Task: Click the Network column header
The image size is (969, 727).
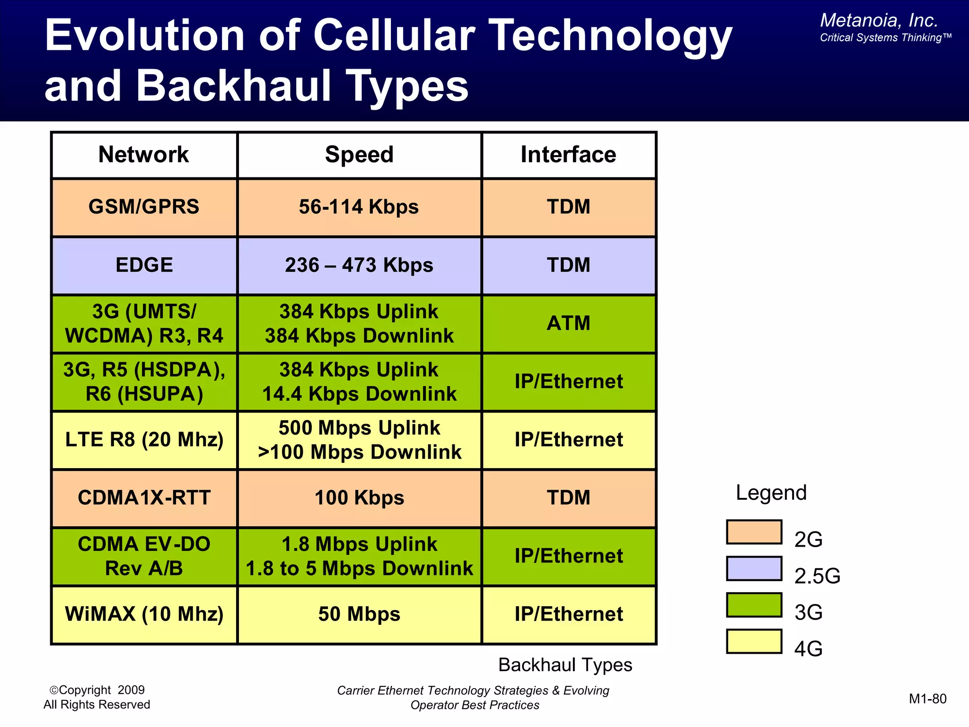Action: click(143, 155)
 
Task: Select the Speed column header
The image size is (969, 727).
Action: click(359, 155)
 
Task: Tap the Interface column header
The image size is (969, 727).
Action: click(568, 155)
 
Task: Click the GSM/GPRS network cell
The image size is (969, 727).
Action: click(144, 207)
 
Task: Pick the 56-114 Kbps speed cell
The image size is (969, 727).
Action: click(359, 207)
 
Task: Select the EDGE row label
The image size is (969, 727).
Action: click(144, 265)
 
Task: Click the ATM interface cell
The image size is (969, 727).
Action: click(568, 323)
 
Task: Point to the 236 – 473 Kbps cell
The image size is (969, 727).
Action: click(359, 265)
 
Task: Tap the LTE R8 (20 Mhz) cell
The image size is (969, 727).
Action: click(144, 440)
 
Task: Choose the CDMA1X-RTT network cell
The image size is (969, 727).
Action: click(144, 498)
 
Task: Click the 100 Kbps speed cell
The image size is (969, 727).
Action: click(359, 498)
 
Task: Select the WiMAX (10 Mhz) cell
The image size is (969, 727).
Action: click(144, 614)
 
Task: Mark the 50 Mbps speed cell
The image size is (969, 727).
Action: click(359, 614)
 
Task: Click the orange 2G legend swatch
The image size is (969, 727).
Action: click(754, 532)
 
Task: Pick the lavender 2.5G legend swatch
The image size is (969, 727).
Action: click(754, 568)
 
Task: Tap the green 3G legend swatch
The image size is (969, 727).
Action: click(754, 605)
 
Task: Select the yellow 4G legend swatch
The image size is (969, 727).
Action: click(754, 641)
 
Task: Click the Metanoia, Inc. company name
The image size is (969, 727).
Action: click(879, 20)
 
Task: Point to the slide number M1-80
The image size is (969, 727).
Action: click(927, 699)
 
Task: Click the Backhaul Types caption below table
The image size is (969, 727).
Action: click(565, 665)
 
